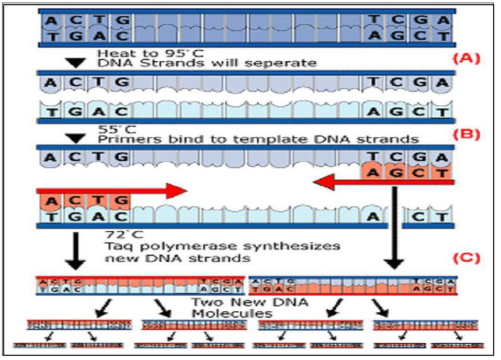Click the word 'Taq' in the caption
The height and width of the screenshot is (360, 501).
[117, 246]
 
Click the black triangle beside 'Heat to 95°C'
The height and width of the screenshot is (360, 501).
[77, 61]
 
